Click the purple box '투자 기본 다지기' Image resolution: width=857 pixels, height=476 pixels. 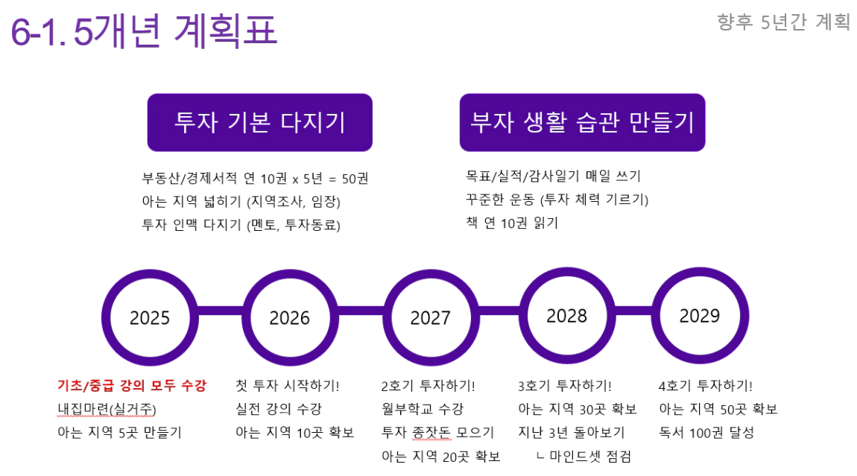pyautogui.click(x=259, y=122)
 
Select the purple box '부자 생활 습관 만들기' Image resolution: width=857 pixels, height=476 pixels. pyautogui.click(x=582, y=122)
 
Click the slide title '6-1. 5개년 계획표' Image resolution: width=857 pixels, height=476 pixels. pyautogui.click(x=144, y=31)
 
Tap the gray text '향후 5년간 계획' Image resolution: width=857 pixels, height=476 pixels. pyautogui.click(x=784, y=22)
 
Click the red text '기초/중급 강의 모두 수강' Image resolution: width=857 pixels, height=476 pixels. pyautogui.click(x=132, y=386)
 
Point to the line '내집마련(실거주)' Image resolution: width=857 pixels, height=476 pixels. pyautogui.click(x=107, y=409)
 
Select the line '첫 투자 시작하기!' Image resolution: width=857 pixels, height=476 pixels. pyautogui.click(x=288, y=386)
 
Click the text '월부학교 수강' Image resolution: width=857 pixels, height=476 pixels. pyautogui.click(x=423, y=409)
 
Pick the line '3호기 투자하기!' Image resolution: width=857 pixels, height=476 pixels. pyautogui.click(x=565, y=386)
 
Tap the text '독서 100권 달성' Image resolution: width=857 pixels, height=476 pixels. pyautogui.click(x=706, y=433)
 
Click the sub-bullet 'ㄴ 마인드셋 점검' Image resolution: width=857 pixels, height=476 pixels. pyautogui.click(x=584, y=457)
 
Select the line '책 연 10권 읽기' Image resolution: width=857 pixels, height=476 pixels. pyautogui.click(x=511, y=223)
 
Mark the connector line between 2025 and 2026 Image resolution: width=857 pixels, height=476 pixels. pyautogui.click(x=220, y=311)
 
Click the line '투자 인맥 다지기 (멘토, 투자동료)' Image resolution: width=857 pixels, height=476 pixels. pyautogui.click(x=241, y=225)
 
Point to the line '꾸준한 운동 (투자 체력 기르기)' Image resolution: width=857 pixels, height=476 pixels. pyautogui.click(x=557, y=200)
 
